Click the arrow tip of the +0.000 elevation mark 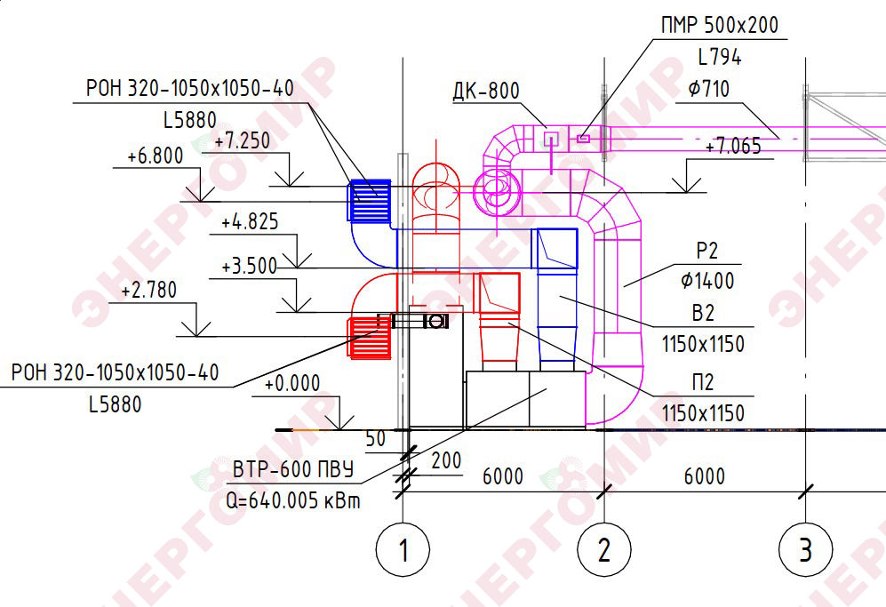(340, 430)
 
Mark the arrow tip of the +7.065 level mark (687, 193)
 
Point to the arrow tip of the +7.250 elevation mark (291, 186)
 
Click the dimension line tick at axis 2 (604, 491)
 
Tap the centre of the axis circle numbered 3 (805, 548)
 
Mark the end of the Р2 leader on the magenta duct (624, 286)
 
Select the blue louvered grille (369, 200)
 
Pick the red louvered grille (369, 338)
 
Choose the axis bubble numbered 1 (403, 548)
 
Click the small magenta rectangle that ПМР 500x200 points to (584, 139)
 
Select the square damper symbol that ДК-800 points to (550, 139)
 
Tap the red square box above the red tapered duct (499, 293)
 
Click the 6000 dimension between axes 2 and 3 (704, 475)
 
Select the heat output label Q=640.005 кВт (292, 500)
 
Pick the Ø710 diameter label (708, 89)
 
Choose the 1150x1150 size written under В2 (703, 344)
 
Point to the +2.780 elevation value (149, 290)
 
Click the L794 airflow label (720, 57)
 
